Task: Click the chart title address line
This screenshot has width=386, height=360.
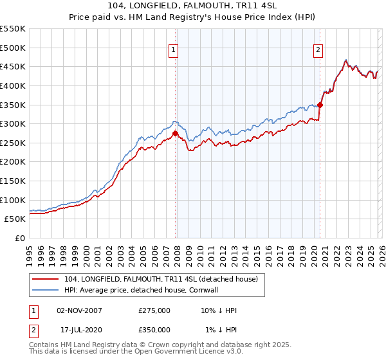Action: tap(192, 6)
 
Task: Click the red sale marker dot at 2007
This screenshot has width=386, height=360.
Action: tap(175, 134)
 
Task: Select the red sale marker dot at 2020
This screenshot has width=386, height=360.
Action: tap(320, 105)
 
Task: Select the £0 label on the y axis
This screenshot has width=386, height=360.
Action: tap(19, 238)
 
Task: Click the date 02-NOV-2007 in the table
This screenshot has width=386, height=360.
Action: tap(79, 310)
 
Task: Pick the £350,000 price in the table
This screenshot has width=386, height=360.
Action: tap(154, 330)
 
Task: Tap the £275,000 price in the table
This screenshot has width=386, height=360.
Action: tap(154, 310)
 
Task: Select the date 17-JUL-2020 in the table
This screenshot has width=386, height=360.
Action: tap(82, 330)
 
